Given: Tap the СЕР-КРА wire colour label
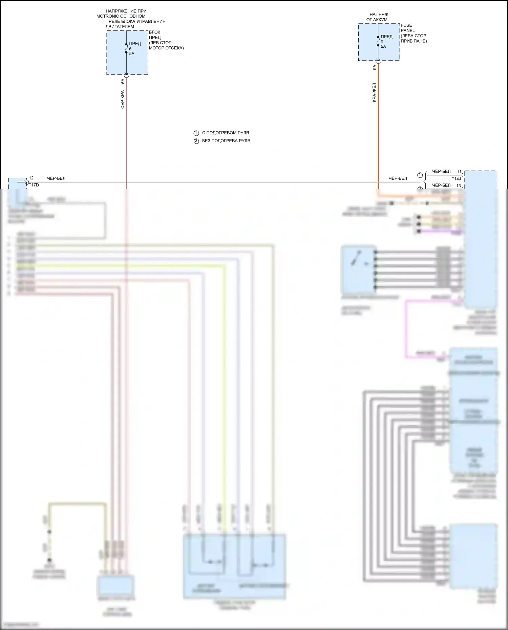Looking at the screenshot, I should (x=123, y=100).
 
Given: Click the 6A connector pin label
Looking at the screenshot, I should (x=123, y=81).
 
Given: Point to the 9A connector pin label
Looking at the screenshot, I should (x=375, y=67).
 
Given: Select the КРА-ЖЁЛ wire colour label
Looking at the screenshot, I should (x=374, y=92).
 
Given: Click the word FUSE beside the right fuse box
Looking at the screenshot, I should (x=406, y=25).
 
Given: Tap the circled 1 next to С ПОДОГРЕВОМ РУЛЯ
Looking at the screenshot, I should (x=196, y=133).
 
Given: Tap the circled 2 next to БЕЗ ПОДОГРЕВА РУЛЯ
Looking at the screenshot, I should (x=196, y=141).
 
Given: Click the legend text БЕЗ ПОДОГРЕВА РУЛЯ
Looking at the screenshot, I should (x=226, y=141).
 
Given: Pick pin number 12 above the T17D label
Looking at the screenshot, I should (x=31, y=178).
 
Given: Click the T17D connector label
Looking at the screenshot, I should (x=34, y=185).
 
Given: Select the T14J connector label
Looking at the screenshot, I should (x=456, y=179).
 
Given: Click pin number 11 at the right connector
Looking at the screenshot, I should (x=459, y=172).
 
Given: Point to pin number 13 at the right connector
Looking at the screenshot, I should (x=459, y=186).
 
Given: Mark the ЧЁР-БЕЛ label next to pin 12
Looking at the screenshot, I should (x=56, y=178).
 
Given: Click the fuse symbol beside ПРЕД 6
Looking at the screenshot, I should (x=126, y=48).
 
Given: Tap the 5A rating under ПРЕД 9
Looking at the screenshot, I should (x=383, y=47).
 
